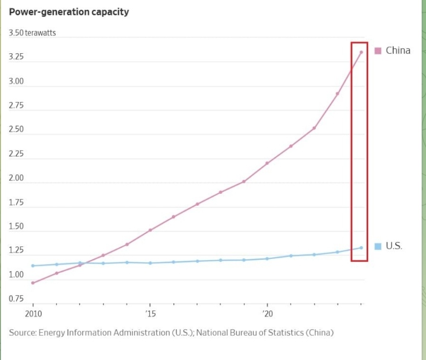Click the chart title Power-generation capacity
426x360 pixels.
click(69, 12)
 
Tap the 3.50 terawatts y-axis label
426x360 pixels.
click(32, 33)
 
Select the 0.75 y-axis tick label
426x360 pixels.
click(16, 299)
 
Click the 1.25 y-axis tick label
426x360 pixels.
click(16, 250)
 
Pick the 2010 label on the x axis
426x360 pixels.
click(33, 314)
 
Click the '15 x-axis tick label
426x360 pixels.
click(150, 314)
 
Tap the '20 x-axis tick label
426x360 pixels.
click(267, 314)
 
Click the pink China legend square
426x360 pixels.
click(378, 51)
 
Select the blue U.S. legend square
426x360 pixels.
click(378, 246)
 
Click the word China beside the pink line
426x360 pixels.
click(398, 50)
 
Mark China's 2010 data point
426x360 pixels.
click(33, 283)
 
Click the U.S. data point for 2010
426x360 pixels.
click(33, 265)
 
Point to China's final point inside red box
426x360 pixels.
click(361, 52)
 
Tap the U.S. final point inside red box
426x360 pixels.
click(361, 247)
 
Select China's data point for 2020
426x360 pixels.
click(267, 163)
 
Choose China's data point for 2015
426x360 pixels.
click(150, 230)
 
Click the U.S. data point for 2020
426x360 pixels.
click(267, 258)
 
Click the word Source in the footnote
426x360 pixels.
click(22, 332)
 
